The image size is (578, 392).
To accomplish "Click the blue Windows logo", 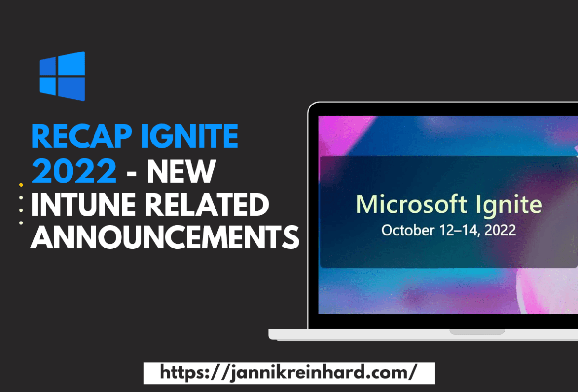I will [62, 76].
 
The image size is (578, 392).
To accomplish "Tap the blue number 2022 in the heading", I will [74, 171].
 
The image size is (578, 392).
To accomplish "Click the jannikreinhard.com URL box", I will [289, 373].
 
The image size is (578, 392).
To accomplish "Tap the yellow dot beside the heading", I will [21, 185].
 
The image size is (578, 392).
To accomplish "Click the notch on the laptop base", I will [477, 332].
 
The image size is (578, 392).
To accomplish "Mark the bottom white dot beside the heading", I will [21, 222].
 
